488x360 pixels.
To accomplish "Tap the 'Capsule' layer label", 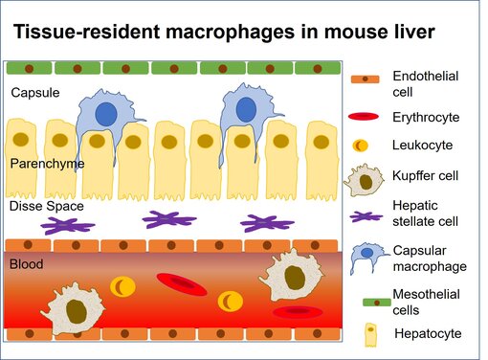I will click(33, 93).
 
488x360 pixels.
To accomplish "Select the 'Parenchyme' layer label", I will click(47, 164).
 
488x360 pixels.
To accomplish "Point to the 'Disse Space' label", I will click(46, 206).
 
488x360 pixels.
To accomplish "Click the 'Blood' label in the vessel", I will click(26, 263).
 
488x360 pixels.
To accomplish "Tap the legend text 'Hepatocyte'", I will click(427, 333).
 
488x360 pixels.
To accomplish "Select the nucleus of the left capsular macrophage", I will click(107, 113).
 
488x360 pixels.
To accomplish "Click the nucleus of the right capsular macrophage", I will click(246, 106).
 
